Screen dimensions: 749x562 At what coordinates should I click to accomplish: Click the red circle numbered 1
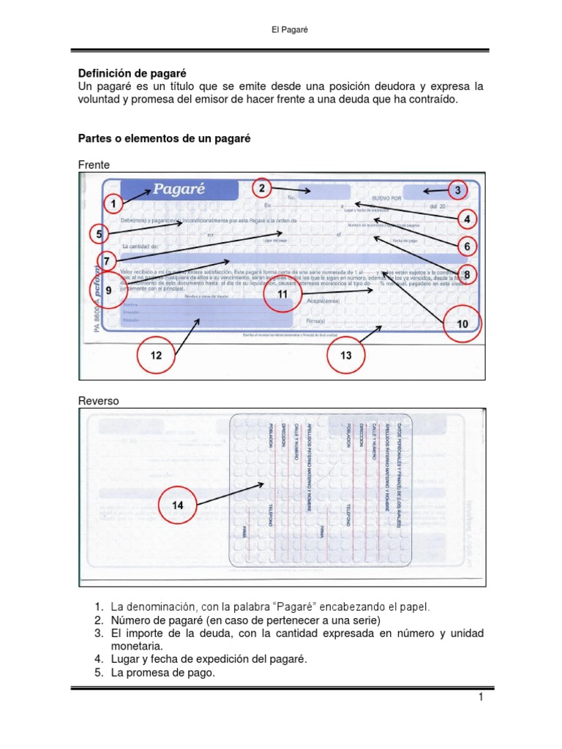pos(113,203)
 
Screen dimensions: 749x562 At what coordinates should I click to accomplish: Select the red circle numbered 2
pos(261,189)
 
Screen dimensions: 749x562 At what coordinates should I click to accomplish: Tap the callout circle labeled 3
pos(457,190)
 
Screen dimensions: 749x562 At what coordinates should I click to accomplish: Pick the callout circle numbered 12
pos(156,355)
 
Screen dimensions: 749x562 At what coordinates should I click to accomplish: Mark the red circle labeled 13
pos(346,355)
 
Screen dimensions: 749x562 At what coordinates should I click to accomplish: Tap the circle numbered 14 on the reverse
pos(178,505)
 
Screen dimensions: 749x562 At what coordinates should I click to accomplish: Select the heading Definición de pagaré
pos(132,74)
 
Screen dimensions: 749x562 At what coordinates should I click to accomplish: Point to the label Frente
pos(94,165)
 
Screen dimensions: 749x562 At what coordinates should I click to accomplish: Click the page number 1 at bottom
pos(482,699)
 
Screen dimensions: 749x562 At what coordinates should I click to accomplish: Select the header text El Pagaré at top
pos(280,29)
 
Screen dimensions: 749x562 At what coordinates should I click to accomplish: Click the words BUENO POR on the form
pos(387,198)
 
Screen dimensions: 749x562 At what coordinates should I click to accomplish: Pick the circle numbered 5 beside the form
pos(100,234)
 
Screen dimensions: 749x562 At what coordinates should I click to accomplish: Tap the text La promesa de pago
pos(163,673)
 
